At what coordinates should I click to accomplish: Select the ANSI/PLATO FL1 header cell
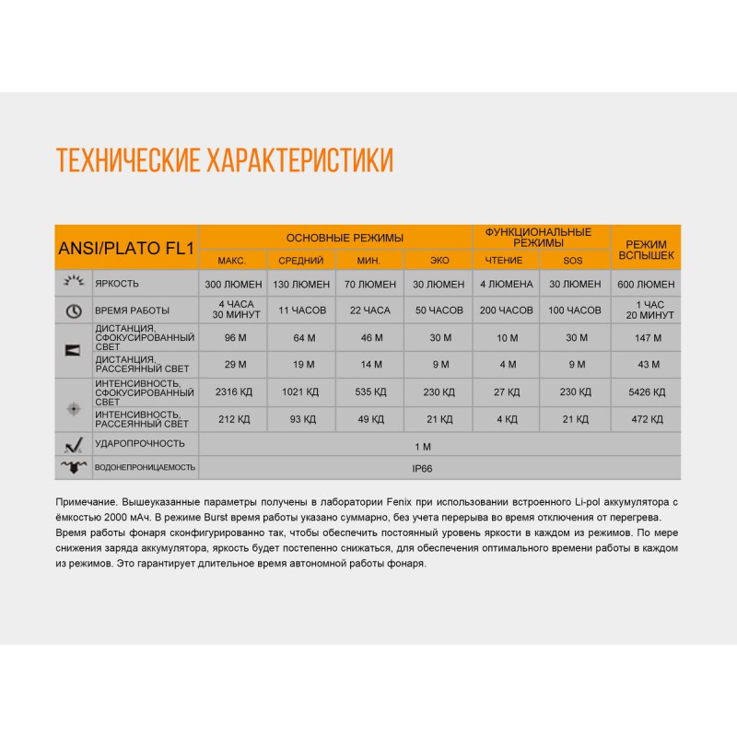(125, 247)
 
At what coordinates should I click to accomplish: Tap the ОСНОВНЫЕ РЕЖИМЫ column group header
(336, 238)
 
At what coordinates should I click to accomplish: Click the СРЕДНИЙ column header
(300, 261)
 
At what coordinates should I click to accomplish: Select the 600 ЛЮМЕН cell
(644, 284)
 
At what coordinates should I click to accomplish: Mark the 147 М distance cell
(644, 338)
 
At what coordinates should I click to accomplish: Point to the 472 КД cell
(644, 419)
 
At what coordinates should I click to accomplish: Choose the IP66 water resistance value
(423, 467)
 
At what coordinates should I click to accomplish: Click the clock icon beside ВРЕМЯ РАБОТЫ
(74, 310)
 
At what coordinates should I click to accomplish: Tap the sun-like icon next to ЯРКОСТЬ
(74, 283)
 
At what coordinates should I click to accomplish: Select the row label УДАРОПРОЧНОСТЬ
(140, 444)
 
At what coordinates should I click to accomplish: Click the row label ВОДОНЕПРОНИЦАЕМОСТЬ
(145, 467)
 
